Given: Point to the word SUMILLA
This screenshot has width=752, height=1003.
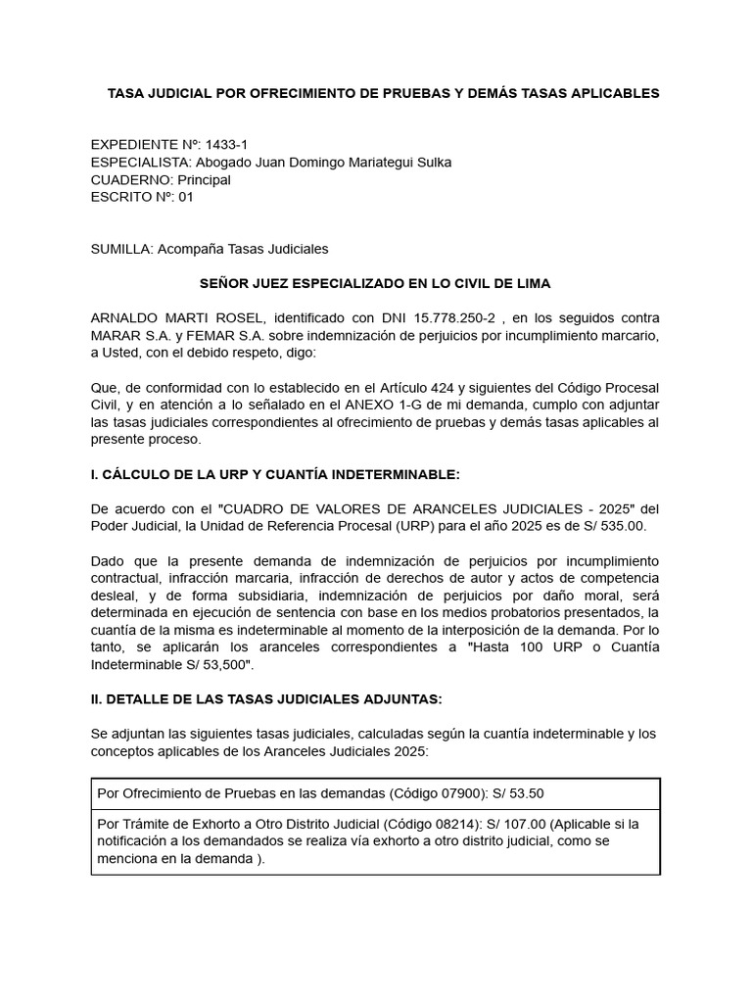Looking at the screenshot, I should (120, 249).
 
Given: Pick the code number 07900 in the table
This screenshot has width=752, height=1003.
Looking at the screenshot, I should (459, 792).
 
